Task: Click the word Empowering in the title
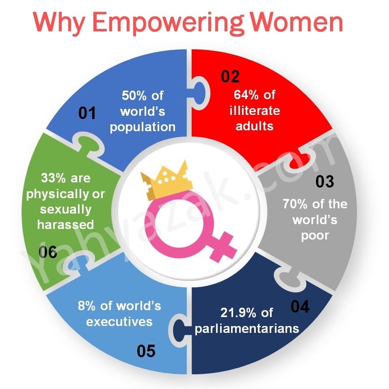pyautogui.click(x=168, y=23)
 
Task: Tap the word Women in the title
pyautogui.click(x=296, y=22)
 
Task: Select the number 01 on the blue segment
pyautogui.click(x=87, y=113)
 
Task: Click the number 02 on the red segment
pyautogui.click(x=230, y=76)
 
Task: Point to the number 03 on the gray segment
pyautogui.click(x=325, y=181)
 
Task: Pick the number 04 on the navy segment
pyautogui.click(x=300, y=306)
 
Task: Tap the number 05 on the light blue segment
pyautogui.click(x=146, y=351)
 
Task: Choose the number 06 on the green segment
pyautogui.click(x=48, y=252)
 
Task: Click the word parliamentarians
pyautogui.click(x=247, y=329)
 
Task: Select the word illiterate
pyautogui.click(x=255, y=110)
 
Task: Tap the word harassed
pyautogui.click(x=66, y=224)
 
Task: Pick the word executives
pyautogui.click(x=120, y=322)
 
